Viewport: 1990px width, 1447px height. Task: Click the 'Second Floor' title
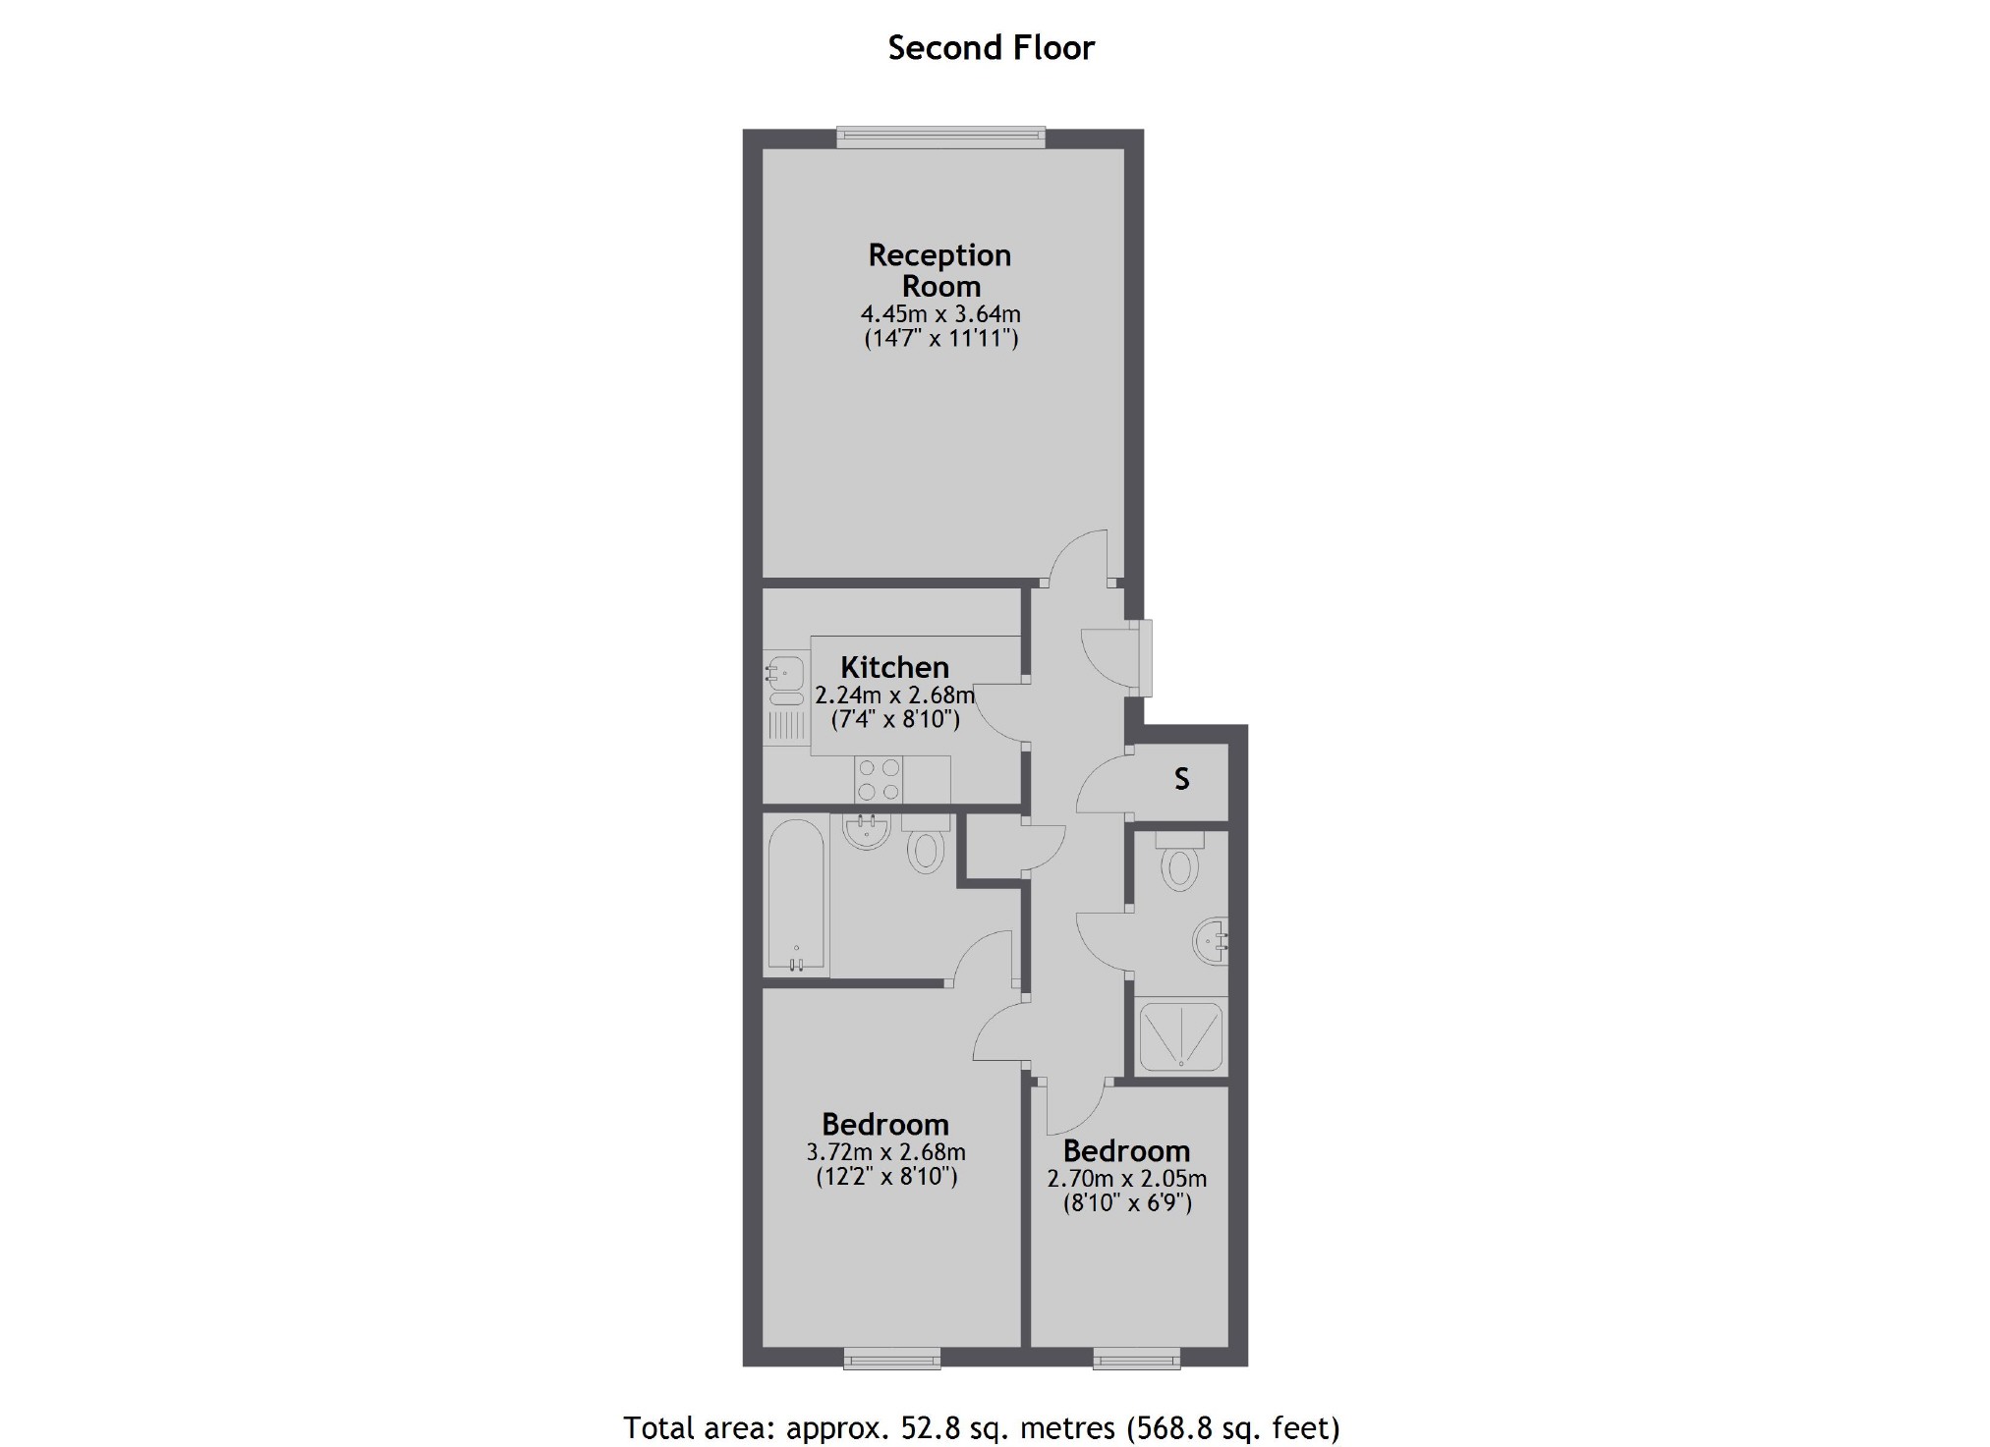tap(991, 48)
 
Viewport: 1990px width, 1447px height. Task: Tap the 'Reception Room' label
tap(940, 270)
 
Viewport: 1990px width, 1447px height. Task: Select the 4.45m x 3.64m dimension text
tap(940, 314)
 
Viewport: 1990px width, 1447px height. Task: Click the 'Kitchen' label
tap(894, 667)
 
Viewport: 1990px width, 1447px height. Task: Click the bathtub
tap(796, 894)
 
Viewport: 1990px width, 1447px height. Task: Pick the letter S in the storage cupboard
tap(1181, 779)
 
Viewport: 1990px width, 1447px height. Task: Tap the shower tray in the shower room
tap(1180, 1036)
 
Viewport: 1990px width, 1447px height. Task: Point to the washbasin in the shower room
tap(1210, 941)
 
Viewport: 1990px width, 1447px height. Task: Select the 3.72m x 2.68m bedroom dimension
tap(885, 1151)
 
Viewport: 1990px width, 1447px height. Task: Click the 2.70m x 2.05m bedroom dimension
tap(1126, 1178)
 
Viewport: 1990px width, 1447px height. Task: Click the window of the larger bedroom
tap(891, 1358)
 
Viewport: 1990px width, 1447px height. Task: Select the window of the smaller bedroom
tap(1137, 1358)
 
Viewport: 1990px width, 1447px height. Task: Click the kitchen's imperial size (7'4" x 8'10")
tap(895, 719)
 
